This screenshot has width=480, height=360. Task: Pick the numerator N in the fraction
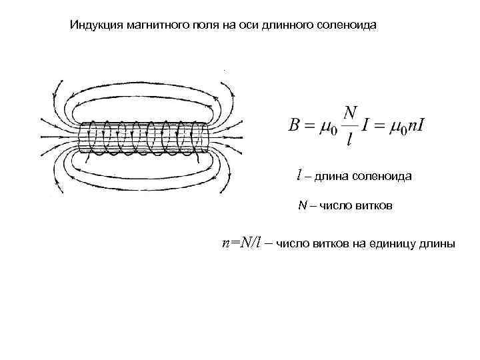(x=351, y=111)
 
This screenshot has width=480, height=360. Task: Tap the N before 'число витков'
(x=302, y=206)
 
